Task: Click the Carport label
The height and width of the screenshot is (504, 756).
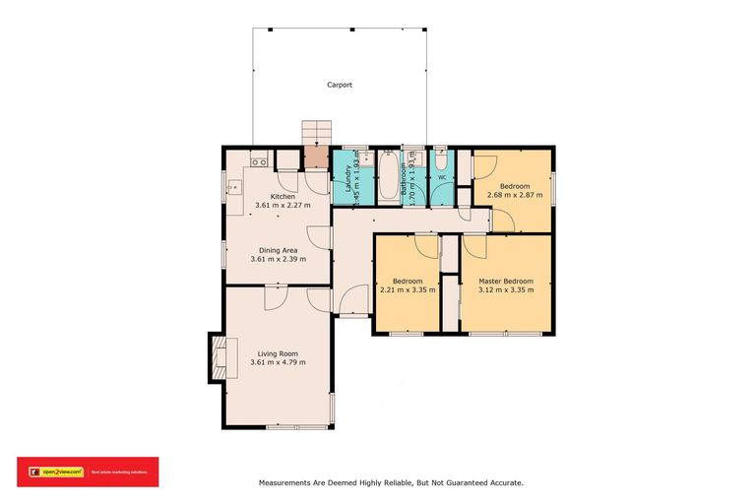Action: click(340, 86)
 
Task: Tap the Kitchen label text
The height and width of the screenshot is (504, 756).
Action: click(283, 196)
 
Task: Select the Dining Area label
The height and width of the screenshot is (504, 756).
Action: click(279, 250)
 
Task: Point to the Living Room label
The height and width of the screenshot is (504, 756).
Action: click(278, 353)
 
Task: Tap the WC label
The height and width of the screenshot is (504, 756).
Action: click(442, 178)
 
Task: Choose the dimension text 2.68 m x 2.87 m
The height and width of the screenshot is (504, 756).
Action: click(514, 196)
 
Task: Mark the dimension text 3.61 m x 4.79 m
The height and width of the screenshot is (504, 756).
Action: click(278, 363)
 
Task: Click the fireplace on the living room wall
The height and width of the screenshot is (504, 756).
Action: click(217, 358)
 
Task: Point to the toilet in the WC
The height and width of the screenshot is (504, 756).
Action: click(441, 159)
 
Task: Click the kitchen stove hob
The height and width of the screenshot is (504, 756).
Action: click(259, 161)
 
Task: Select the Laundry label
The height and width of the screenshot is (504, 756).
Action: click(347, 176)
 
